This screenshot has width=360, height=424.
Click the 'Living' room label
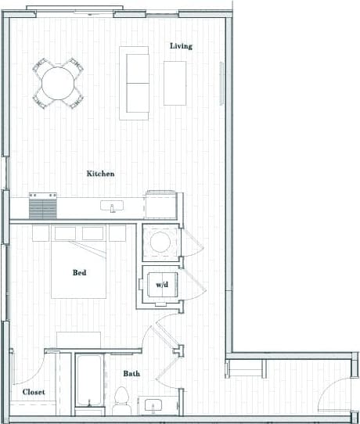tap(181, 46)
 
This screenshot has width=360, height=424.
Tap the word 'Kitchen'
tap(101, 174)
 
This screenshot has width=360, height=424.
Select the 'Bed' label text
tap(79, 273)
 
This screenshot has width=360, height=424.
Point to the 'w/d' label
tap(162, 285)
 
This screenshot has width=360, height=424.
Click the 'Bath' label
tap(131, 374)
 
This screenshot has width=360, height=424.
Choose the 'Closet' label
tap(33, 391)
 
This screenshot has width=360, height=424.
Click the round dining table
tap(58, 82)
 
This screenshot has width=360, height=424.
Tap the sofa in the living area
tap(134, 82)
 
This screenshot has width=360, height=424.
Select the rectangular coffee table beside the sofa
tap(175, 82)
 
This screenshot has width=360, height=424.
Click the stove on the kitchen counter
tap(44, 207)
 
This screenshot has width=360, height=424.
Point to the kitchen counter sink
tap(113, 207)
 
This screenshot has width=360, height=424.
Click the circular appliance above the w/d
tap(160, 242)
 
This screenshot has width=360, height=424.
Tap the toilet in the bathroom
tap(121, 398)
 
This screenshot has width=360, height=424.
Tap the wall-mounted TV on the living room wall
tap(223, 82)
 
